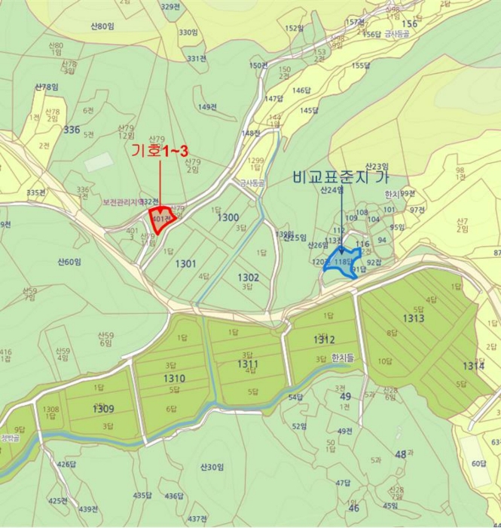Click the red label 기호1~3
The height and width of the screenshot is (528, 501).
pos(158,151)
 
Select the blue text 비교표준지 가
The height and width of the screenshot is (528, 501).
pos(344,178)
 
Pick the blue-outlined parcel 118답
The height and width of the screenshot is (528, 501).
pos(343,262)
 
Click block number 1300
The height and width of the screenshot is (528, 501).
pos(228,217)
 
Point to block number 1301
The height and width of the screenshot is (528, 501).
pos(185,263)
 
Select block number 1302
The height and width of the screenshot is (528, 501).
pos(248,278)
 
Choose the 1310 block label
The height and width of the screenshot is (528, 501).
pos(173,377)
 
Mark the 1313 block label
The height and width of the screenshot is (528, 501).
pos(412,318)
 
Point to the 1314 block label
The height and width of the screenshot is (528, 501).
pos(473,366)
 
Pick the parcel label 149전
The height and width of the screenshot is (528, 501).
pos(207,107)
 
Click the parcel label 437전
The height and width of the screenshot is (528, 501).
pos(197,518)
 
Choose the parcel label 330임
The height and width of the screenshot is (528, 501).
pos(188,33)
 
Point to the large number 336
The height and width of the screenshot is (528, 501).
pos(72,130)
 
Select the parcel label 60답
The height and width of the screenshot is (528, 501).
pos(480,462)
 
